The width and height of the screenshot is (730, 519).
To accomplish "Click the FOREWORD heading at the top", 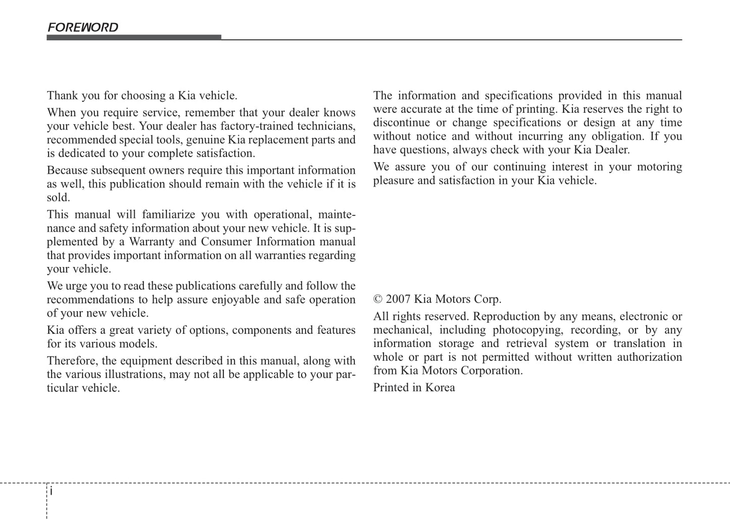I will [83, 27].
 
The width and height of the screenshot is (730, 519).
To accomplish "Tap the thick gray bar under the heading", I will [134, 37].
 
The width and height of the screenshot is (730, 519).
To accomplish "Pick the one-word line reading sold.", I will [58, 198].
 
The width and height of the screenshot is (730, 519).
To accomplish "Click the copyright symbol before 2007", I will [378, 299].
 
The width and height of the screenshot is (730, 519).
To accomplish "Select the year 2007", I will [398, 299].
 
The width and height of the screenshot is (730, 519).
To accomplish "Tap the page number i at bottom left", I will [52, 491].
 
